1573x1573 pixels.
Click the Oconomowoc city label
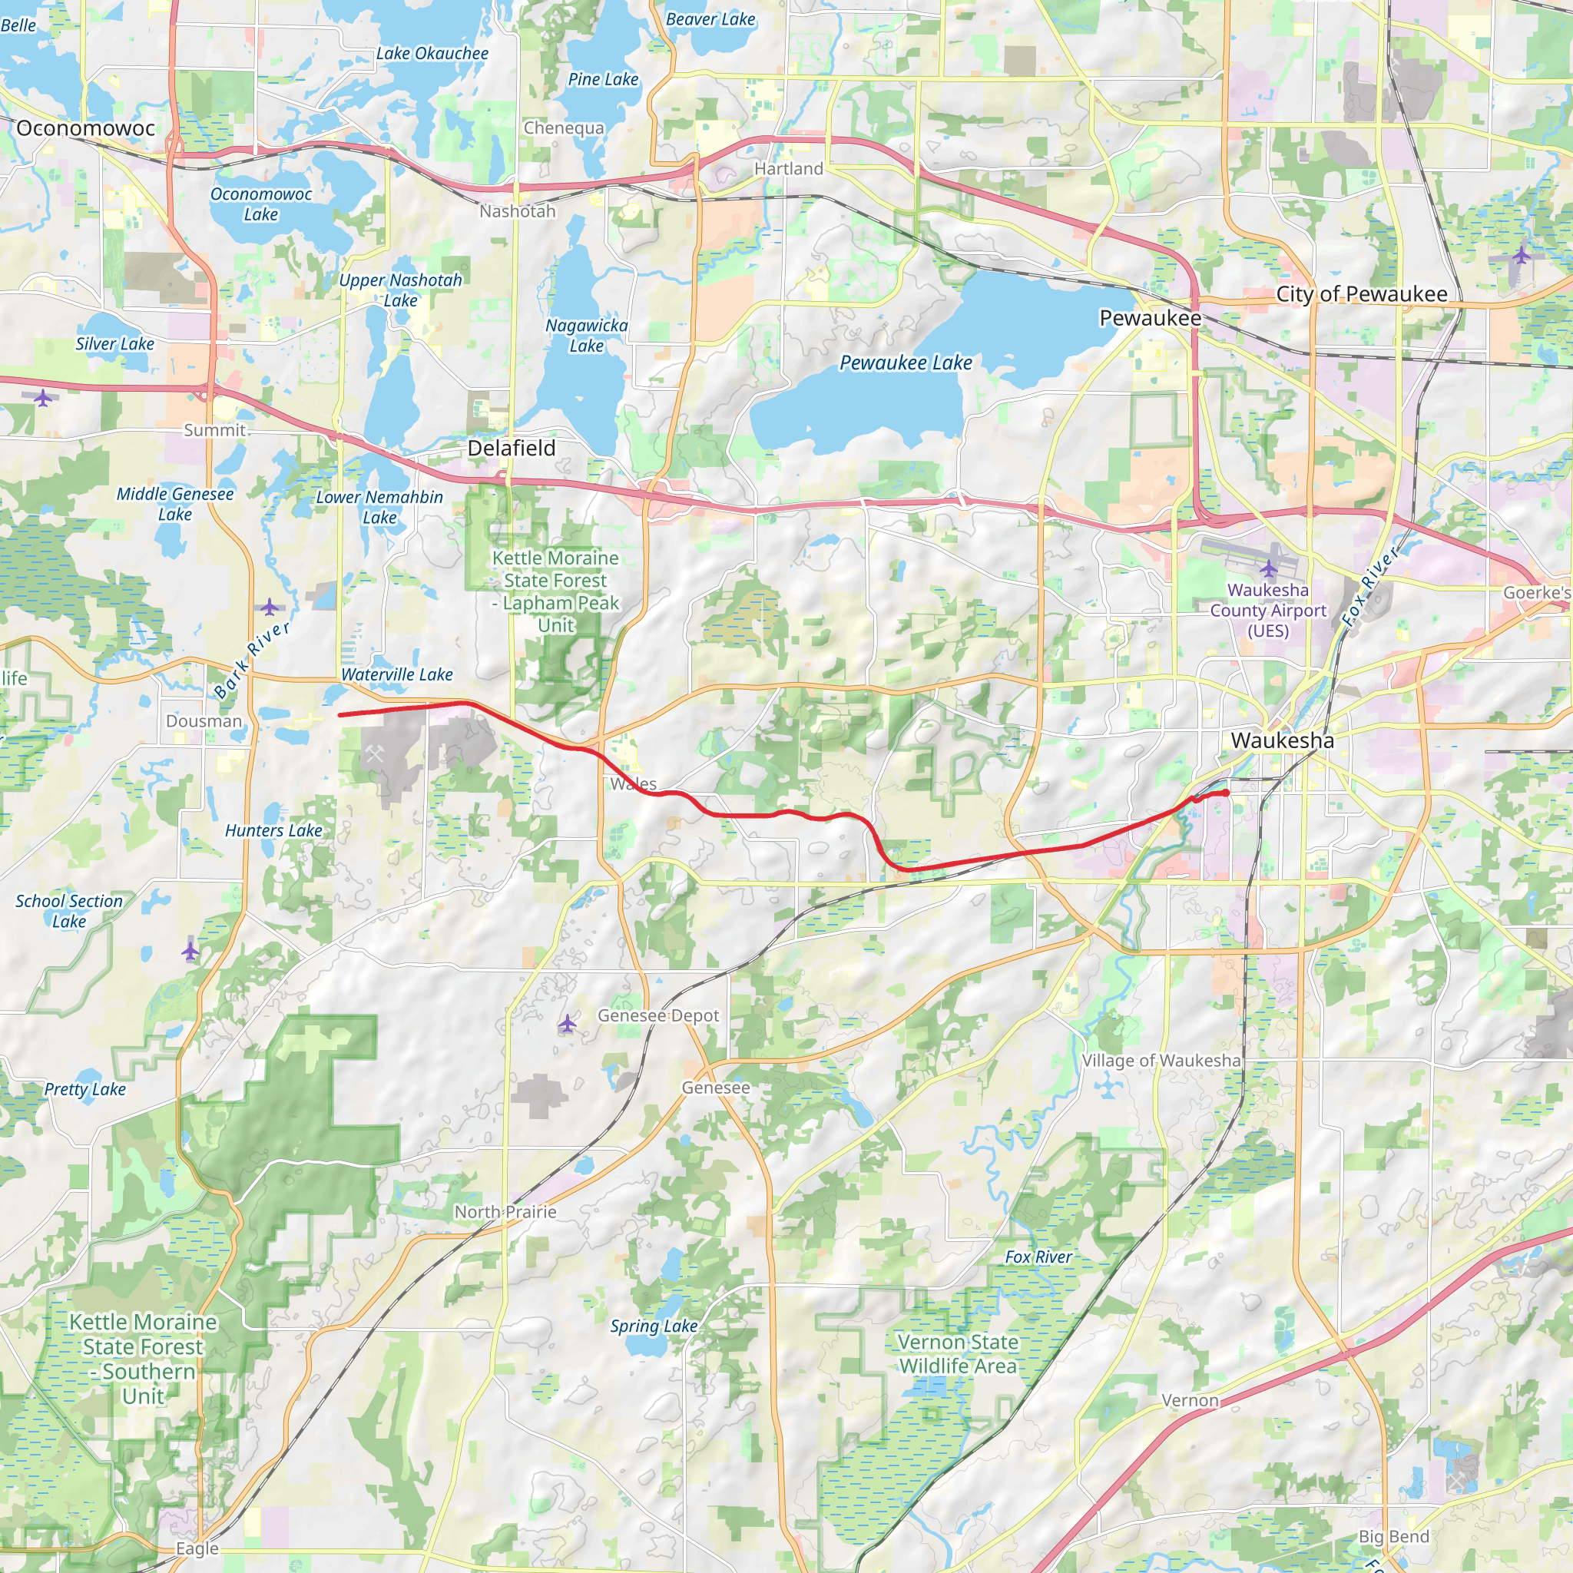pos(85,127)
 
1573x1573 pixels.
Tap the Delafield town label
pos(512,448)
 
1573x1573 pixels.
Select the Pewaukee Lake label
pos(906,363)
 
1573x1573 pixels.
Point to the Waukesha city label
pos(1283,740)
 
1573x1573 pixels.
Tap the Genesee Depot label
pos(658,1015)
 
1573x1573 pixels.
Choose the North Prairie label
pos(505,1211)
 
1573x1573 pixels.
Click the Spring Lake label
pos(654,1326)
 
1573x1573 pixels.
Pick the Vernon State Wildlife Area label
pos(958,1353)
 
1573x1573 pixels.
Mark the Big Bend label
pos(1394,1536)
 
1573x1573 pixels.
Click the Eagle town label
pos(197,1548)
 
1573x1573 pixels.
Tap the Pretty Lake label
pos(84,1089)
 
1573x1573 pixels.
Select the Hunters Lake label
pos(273,830)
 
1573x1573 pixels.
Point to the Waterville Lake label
pos(396,674)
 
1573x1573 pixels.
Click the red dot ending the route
pos(1225,793)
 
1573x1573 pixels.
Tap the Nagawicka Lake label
pos(586,336)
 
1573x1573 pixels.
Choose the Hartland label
pos(788,168)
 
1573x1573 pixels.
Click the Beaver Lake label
pos(710,18)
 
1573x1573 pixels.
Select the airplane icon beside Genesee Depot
pos(568,1023)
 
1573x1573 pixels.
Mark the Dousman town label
pos(204,721)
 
